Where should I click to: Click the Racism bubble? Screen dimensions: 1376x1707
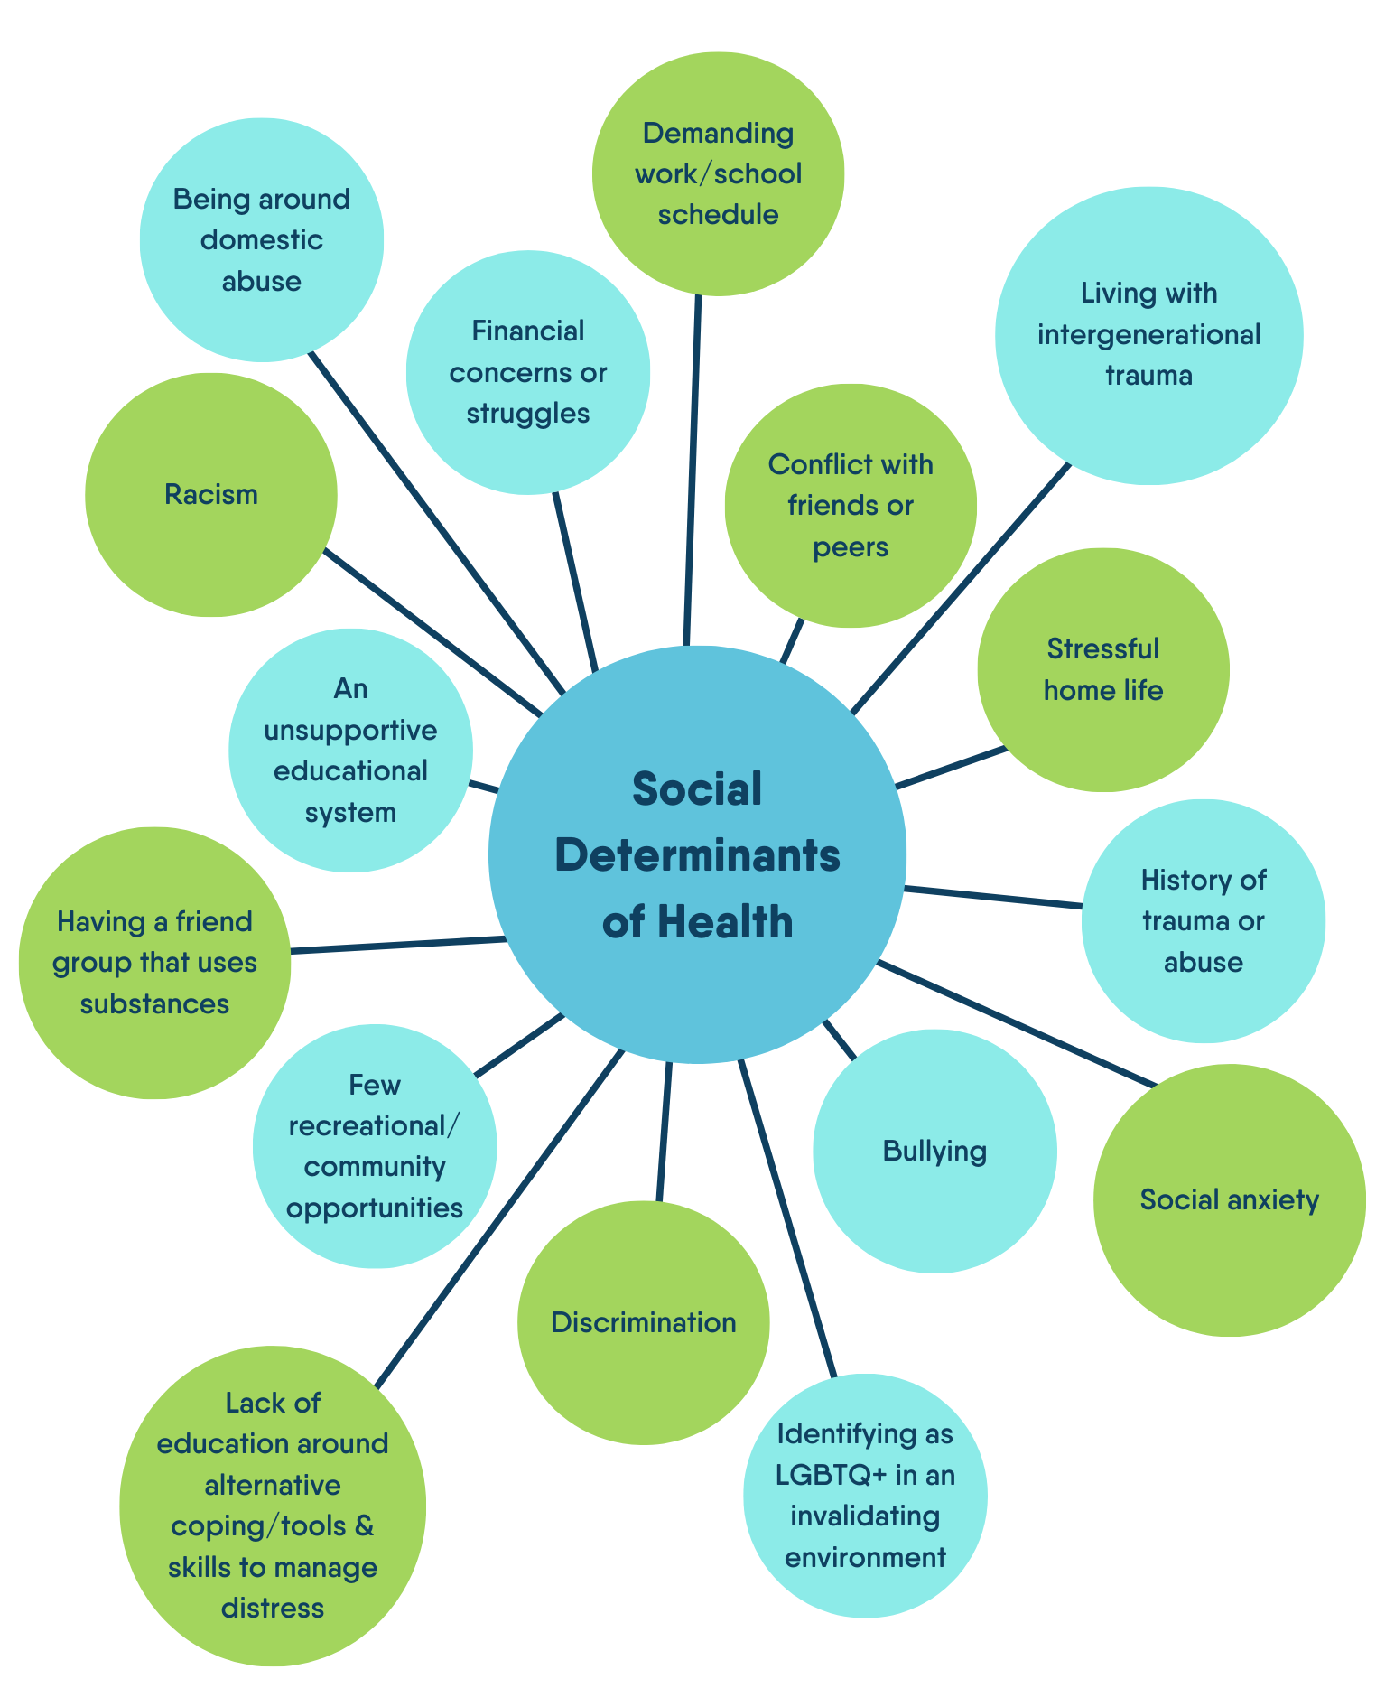click(211, 495)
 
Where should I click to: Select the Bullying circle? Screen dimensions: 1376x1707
click(934, 1151)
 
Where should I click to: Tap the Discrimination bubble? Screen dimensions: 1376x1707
click(644, 1322)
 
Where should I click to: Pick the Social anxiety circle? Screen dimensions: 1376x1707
click(1229, 1199)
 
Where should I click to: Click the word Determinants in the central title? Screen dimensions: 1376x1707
click(697, 855)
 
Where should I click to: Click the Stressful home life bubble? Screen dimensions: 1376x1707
click(1103, 670)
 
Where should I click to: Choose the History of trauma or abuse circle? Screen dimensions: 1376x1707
click(1204, 921)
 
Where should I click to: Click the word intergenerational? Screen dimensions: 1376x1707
click(1148, 335)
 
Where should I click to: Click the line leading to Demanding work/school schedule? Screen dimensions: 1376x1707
click(693, 471)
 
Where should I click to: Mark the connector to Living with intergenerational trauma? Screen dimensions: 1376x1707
click(961, 589)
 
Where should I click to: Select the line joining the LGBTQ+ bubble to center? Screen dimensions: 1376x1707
click(788, 1219)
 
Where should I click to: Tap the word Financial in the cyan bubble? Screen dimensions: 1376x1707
click(528, 331)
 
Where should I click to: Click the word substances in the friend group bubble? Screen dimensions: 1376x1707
click(154, 1004)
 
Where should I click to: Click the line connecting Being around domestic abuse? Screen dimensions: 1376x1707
click(437, 523)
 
